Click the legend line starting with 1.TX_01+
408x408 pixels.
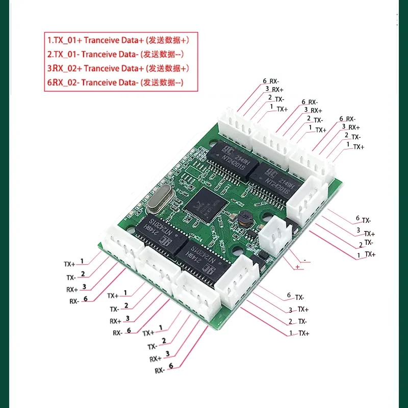119,39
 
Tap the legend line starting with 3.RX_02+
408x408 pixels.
119,68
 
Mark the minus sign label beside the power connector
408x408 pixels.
304,260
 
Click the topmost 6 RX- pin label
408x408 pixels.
271,81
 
